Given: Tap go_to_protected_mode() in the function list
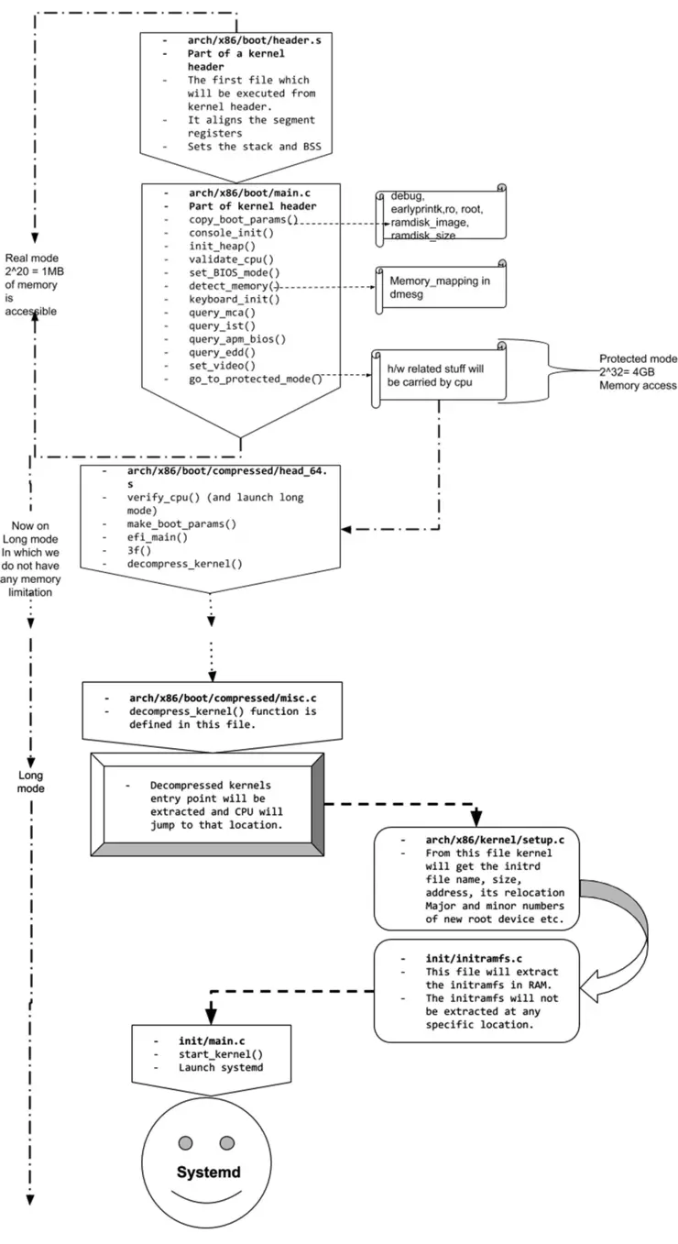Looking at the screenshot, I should pos(256,378).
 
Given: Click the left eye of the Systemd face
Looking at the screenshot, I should pos(185,1142).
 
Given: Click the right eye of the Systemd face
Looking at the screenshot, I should pos(226,1142).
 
